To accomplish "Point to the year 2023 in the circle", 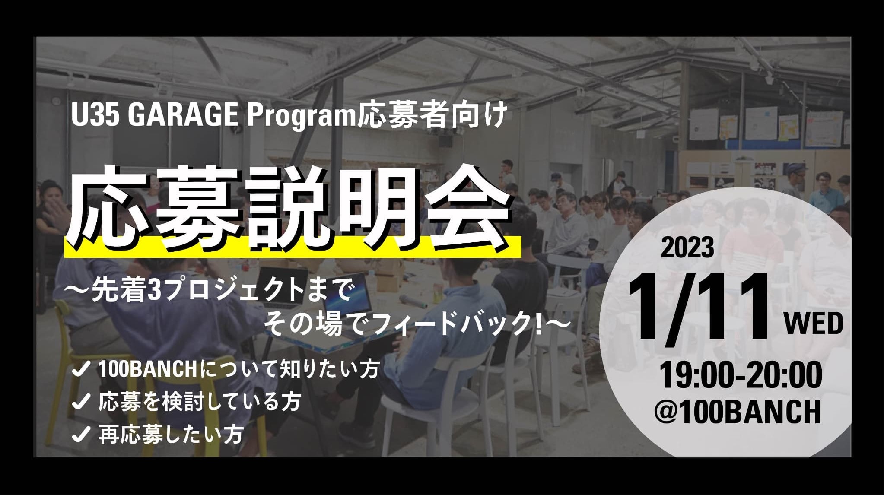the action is coord(687,247).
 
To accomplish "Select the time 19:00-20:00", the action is coord(741,375).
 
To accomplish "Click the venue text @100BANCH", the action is coord(737,411).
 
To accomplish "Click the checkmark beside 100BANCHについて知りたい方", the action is coord(80,370).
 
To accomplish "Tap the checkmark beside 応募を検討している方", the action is coord(80,403).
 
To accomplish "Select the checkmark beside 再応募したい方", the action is coord(80,435).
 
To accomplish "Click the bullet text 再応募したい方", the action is coord(171,435).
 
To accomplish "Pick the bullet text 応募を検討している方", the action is coord(200,402).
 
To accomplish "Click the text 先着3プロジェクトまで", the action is coord(220,290).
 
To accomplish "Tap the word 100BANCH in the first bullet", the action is coord(149,370).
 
